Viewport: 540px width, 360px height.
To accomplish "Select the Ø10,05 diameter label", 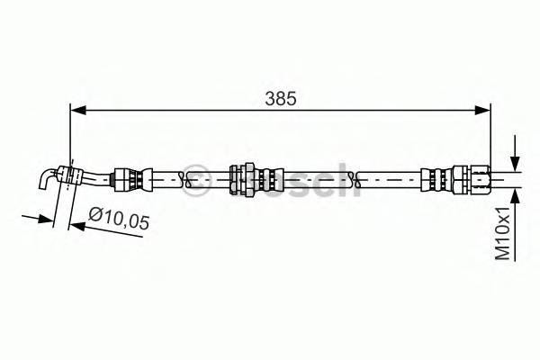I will (119, 218).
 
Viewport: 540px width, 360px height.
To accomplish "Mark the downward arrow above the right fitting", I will (515, 153).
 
